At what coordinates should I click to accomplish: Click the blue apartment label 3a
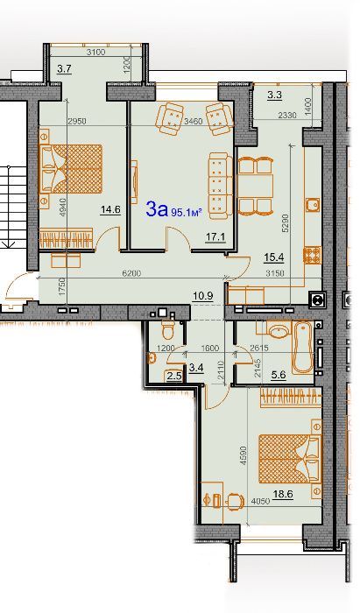coord(157,208)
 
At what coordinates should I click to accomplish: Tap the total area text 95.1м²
coord(187,212)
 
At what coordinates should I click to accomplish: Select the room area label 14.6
coord(110,209)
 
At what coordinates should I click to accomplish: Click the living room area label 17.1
coord(215,236)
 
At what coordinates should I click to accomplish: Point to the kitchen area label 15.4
coord(273,257)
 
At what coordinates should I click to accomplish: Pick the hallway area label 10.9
coord(203,296)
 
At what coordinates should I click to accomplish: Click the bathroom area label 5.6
coord(279,375)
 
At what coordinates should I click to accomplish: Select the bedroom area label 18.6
coord(283,494)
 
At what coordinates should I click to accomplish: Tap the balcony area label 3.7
coord(64,69)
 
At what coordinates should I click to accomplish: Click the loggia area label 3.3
coord(275,95)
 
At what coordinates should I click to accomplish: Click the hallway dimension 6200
coord(131,273)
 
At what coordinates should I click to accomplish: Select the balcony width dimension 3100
coord(95,52)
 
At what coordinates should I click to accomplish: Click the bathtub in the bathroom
coord(303,347)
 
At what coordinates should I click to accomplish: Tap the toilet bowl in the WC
coord(168,329)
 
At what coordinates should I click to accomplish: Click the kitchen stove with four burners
coord(313,255)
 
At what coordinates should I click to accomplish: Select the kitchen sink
coord(313,204)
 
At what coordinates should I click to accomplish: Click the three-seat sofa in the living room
coord(221,186)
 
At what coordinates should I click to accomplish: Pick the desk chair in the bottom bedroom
coord(236,500)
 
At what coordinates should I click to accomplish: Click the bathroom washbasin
coord(279,331)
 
